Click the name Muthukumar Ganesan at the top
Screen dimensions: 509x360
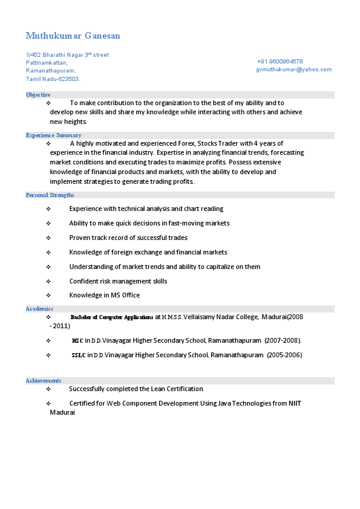point(73,36)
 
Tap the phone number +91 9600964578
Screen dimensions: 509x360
point(280,62)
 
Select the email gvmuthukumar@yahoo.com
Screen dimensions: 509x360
point(293,70)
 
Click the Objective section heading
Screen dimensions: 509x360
point(38,95)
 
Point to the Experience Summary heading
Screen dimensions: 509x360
point(53,135)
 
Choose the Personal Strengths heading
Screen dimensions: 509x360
point(50,195)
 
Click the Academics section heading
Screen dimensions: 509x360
point(39,309)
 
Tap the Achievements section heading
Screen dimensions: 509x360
point(43,381)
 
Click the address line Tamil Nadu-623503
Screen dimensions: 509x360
point(53,79)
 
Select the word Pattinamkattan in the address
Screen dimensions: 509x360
point(46,63)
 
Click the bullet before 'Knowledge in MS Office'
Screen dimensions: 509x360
point(48,295)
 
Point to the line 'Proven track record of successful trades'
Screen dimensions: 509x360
point(128,238)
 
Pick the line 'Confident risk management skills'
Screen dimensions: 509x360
point(118,281)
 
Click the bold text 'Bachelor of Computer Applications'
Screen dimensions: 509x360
point(112,317)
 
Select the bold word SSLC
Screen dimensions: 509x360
point(79,355)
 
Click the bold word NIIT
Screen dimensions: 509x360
point(295,403)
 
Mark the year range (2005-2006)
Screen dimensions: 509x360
point(284,355)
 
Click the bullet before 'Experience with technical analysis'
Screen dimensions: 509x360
point(48,209)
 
